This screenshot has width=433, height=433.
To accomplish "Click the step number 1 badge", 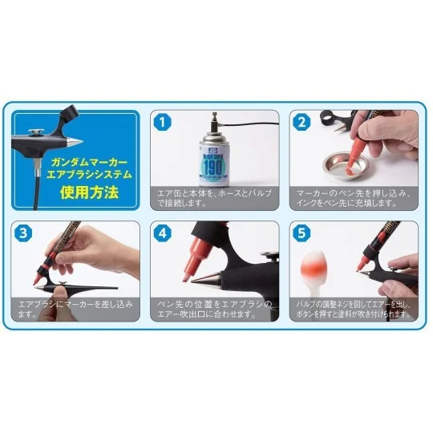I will pyautogui.click(x=163, y=123).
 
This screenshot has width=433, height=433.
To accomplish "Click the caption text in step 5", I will pyautogui.click(x=354, y=310).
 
